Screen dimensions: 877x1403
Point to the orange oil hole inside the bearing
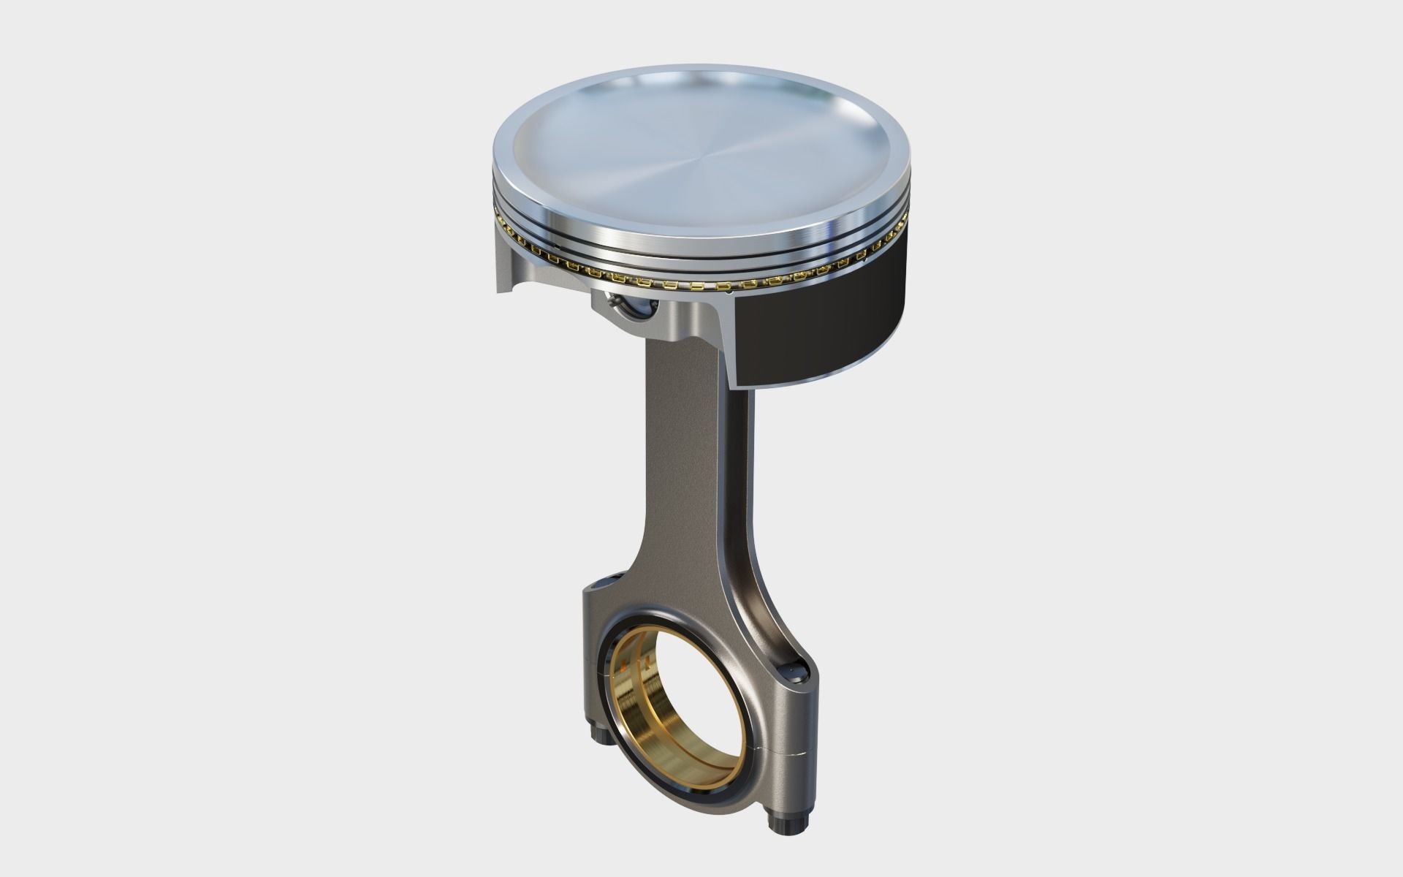(622, 667)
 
